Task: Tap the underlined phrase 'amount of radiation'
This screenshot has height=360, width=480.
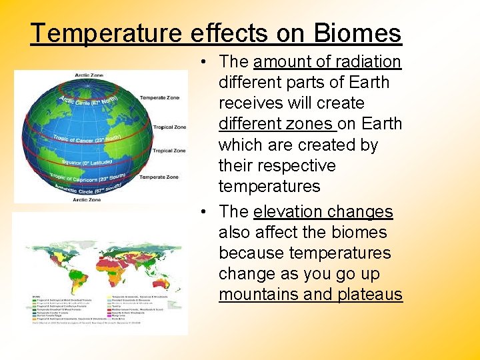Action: [x=327, y=62]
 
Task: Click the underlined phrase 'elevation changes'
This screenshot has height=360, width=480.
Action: [x=323, y=212]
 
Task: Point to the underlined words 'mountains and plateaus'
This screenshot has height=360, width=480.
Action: [x=311, y=295]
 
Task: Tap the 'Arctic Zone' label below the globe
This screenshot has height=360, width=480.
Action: [x=87, y=199]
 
